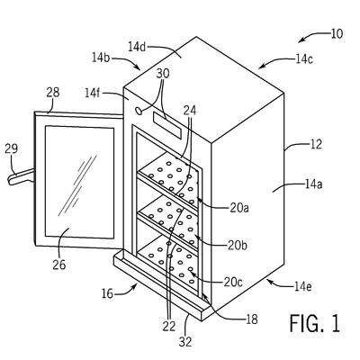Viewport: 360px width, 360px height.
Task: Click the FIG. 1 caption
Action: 315,323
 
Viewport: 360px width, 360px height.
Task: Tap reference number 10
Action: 337,34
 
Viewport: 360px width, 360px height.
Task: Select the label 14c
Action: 304,59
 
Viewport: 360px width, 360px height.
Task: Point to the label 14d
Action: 137,47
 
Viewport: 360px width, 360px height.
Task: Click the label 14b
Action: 101,58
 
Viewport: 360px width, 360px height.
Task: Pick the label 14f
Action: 93,94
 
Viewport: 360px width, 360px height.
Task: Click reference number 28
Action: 53,93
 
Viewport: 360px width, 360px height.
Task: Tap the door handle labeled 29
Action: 22,177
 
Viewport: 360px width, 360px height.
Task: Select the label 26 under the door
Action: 58,265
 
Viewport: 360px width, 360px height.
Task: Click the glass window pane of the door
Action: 79,182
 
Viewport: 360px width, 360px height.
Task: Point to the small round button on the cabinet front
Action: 139,111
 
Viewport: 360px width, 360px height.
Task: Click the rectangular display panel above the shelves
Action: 167,125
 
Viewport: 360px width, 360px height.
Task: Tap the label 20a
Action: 239,208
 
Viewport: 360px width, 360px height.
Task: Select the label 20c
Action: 233,282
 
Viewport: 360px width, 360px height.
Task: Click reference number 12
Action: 316,144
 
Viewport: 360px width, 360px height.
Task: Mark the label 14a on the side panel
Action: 313,184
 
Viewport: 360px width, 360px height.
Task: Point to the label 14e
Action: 303,287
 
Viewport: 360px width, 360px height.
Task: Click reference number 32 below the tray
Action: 185,341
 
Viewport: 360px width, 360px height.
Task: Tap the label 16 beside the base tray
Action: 107,293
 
